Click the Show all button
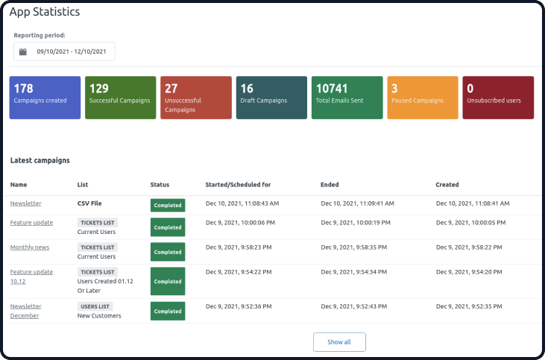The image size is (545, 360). point(339,342)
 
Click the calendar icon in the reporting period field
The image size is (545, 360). point(23,51)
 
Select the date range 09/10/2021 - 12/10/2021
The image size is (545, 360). point(72,51)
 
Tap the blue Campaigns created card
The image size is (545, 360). point(45,98)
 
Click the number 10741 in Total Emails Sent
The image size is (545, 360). point(332,89)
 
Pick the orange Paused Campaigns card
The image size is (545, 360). point(423,98)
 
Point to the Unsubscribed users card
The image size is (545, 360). point(498,98)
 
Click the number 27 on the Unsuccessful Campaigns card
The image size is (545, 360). point(171,89)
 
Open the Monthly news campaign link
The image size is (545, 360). point(30,247)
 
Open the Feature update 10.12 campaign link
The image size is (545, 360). point(31,277)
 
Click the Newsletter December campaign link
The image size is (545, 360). point(25,311)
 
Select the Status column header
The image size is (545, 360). point(160,185)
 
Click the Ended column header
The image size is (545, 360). point(330,185)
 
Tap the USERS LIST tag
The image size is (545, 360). point(95,306)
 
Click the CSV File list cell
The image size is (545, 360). point(89,203)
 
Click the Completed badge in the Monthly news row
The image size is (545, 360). point(168,252)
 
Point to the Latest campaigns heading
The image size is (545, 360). point(40,160)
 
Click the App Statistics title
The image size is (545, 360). point(45,12)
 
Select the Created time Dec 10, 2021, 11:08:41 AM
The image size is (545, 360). point(473,203)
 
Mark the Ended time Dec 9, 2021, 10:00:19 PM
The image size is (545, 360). point(356,222)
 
